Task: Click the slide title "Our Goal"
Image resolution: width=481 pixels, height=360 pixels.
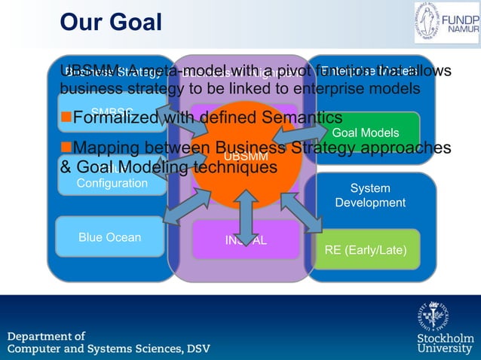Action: tap(111, 22)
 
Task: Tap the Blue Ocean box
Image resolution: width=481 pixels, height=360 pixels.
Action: tap(110, 237)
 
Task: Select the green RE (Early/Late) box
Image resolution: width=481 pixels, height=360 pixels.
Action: tap(366, 249)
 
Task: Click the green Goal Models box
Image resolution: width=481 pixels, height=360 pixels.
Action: tap(366, 133)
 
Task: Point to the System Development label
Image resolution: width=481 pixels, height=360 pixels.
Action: tap(370, 196)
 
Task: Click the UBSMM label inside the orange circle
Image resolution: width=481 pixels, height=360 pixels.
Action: tap(246, 157)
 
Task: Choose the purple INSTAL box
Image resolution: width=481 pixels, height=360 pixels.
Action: tap(246, 241)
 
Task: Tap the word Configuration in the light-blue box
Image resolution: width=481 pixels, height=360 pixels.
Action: tap(112, 183)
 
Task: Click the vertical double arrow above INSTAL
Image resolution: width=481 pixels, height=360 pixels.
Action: tap(247, 216)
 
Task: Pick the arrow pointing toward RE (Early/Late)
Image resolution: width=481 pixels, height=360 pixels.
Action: tap(301, 212)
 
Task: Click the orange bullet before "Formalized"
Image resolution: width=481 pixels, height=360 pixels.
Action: tap(66, 118)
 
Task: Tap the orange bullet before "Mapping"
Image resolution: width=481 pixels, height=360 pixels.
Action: tap(66, 148)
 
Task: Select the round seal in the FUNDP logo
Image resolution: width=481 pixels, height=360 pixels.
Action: tap(430, 22)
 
